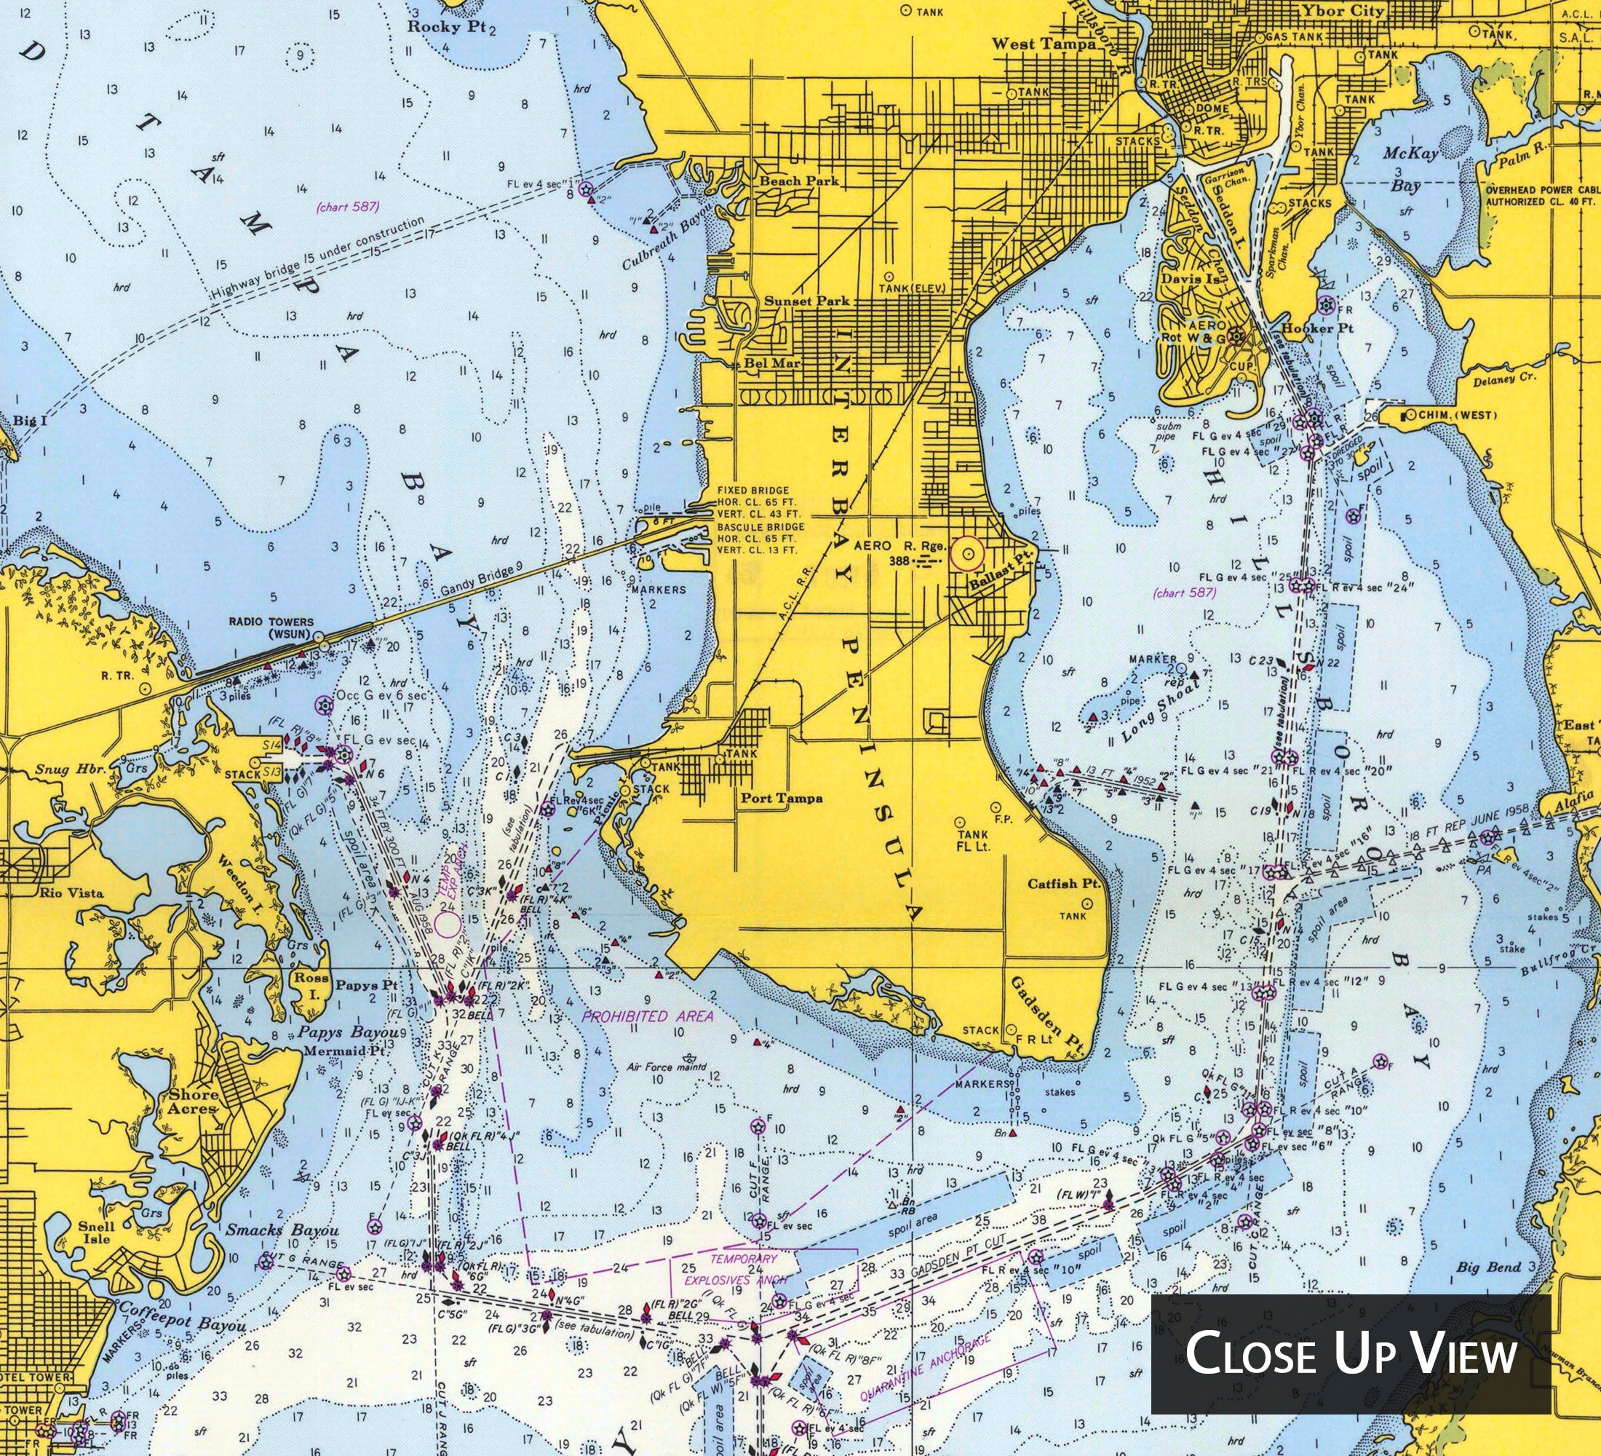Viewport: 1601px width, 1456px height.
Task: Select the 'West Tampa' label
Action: [1044, 44]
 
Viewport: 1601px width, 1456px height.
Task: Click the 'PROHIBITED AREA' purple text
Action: [647, 1016]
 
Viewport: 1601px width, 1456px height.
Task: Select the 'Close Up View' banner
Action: [1351, 1353]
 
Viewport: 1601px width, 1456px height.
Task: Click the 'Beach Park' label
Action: [799, 181]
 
